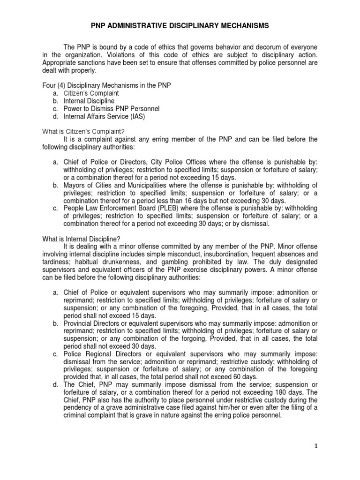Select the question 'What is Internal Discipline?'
(x=80, y=238)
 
